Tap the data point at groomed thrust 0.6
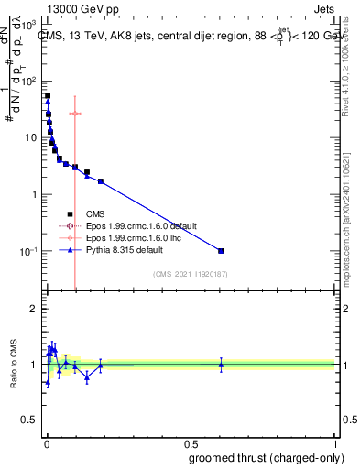coord(221,250)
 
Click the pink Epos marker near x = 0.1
coord(75,114)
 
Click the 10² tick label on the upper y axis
coord(31,81)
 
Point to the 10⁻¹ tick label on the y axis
coord(30,251)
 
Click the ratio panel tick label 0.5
coord(30,422)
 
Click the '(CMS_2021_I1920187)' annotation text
coord(191,273)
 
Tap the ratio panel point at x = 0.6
coord(221,365)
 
